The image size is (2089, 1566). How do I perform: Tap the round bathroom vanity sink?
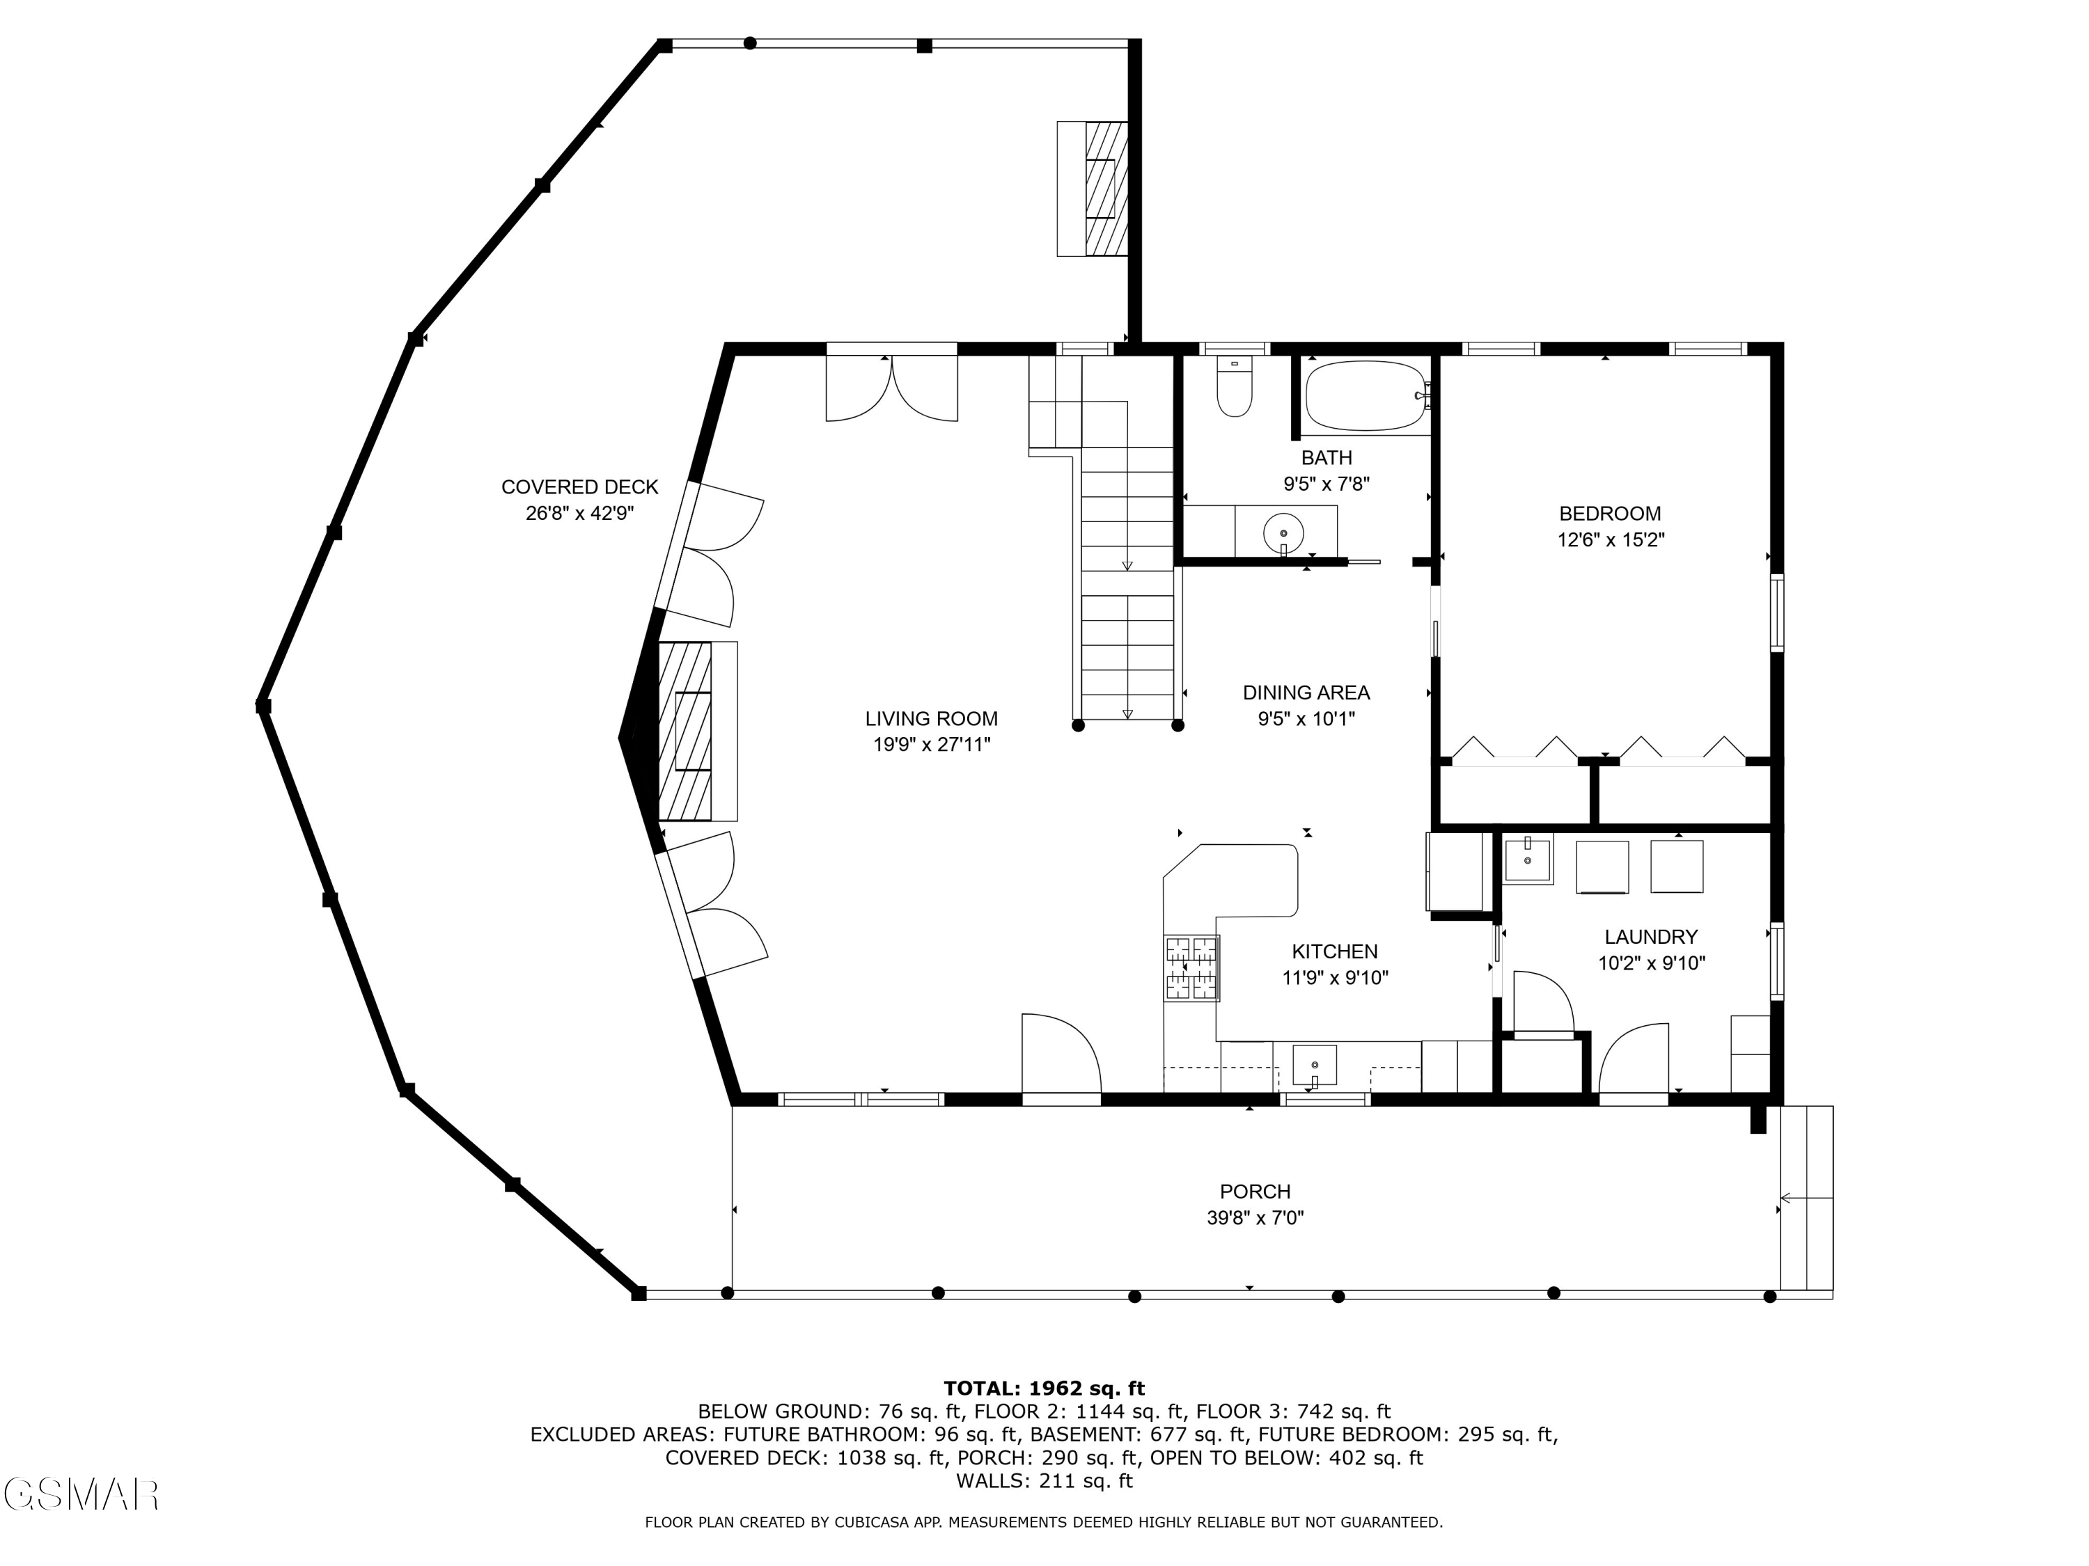click(x=1283, y=533)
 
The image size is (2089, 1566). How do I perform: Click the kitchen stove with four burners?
click(x=1192, y=967)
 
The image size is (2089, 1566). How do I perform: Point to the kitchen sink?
click(x=1315, y=1066)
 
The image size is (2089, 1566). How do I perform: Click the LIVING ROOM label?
click(x=931, y=719)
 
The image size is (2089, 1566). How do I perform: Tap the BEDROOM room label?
click(x=1609, y=514)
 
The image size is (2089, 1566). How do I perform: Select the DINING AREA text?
click(x=1306, y=693)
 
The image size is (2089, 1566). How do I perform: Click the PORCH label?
click(x=1255, y=1192)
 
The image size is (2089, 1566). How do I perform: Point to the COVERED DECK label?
click(x=580, y=487)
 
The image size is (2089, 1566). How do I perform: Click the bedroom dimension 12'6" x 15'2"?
click(x=1610, y=541)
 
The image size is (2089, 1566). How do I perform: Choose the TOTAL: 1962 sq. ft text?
click(x=1044, y=1389)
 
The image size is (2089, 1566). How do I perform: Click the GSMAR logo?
click(x=81, y=1495)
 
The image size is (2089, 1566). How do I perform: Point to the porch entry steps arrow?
click(x=1806, y=1199)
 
